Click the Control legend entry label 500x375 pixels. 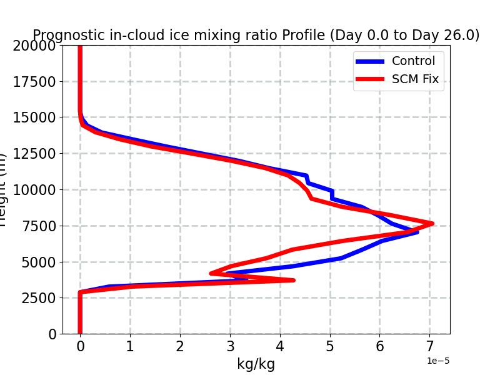pos(413,61)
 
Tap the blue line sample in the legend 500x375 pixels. pos(370,61)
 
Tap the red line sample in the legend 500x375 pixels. pos(370,79)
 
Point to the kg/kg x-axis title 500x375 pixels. pos(256,364)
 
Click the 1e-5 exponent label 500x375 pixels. pos(438,361)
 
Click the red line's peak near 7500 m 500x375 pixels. pos(431,223)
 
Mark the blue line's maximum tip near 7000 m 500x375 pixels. pos(417,232)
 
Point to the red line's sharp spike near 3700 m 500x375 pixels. pos(293,280)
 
